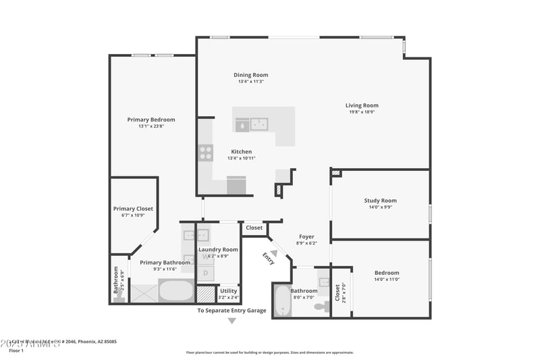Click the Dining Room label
click(x=250, y=75)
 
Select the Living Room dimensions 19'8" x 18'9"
click(x=362, y=112)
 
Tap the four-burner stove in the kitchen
click(x=205, y=153)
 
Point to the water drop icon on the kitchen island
click(x=241, y=124)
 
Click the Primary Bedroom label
click(x=151, y=120)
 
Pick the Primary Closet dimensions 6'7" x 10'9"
click(x=133, y=215)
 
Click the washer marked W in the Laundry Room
click(x=205, y=257)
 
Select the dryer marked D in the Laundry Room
click(x=205, y=274)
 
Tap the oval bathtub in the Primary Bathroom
click(x=175, y=292)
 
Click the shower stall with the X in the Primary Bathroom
click(x=144, y=292)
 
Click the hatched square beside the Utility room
click(x=205, y=294)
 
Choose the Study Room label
click(x=380, y=201)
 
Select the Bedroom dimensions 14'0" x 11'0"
click(x=387, y=280)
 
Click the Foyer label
click(x=306, y=237)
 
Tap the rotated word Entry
click(x=269, y=258)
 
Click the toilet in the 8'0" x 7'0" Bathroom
click(x=321, y=306)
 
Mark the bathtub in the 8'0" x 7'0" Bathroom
click(x=281, y=301)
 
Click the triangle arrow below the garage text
click(x=232, y=321)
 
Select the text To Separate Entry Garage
click(x=232, y=311)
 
